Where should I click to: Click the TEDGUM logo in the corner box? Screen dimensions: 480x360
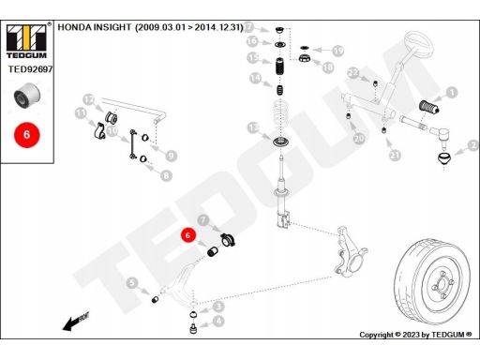point(26,40)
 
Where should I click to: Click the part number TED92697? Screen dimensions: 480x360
point(30,69)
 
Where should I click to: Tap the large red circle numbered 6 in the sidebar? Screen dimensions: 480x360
point(27,135)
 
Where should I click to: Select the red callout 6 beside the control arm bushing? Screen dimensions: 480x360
point(187,235)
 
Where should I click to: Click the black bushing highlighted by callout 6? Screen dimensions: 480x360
point(213,251)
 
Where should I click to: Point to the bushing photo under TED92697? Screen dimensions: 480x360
point(27,95)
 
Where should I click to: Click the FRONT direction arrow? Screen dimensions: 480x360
point(76,322)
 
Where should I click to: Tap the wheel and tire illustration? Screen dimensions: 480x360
point(432,281)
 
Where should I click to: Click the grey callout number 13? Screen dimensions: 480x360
point(253,127)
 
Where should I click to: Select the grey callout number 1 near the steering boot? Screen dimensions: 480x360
point(452,93)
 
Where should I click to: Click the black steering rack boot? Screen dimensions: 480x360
point(429,106)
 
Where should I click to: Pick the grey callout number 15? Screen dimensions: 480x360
point(253,58)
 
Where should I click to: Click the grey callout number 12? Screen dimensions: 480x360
point(89,100)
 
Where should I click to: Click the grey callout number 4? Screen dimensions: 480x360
point(218,321)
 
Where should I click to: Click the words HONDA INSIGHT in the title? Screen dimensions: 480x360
point(95,27)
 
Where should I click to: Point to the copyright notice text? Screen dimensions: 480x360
point(415,335)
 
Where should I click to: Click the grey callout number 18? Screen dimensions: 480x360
point(328,67)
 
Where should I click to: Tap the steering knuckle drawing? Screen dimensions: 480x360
point(350,252)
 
